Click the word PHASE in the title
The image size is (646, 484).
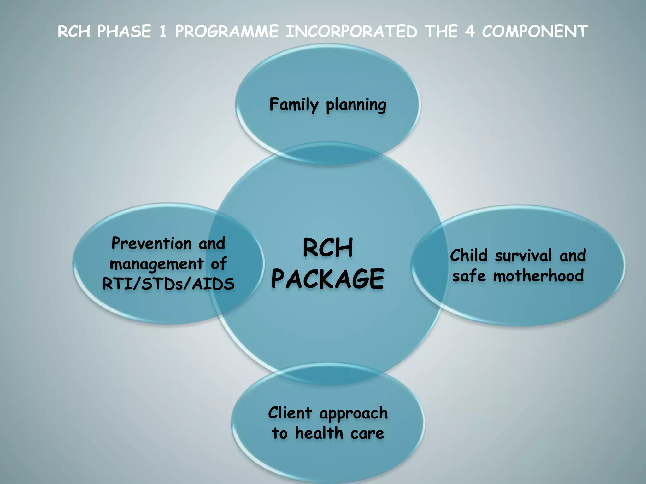click(x=124, y=31)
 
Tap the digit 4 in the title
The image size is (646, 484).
click(x=470, y=31)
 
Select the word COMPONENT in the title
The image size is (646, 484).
click(x=535, y=31)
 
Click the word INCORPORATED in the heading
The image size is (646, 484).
click(x=351, y=31)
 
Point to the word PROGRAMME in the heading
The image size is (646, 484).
click(x=226, y=31)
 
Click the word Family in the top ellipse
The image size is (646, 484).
click(x=294, y=105)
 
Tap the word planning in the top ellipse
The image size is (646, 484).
click(x=356, y=105)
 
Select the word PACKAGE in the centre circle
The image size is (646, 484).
click(x=327, y=279)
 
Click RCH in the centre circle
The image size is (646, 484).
click(x=328, y=248)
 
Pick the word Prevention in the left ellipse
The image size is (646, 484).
click(x=151, y=243)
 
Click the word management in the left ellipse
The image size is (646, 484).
click(x=156, y=264)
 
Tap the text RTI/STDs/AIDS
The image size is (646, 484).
click(x=168, y=284)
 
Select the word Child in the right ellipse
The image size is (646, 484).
click(x=469, y=255)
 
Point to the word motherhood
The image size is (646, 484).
click(x=538, y=276)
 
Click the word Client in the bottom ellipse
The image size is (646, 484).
click(x=290, y=413)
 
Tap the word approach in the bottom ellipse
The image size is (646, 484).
click(x=353, y=414)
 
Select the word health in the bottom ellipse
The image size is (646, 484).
click(x=319, y=433)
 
